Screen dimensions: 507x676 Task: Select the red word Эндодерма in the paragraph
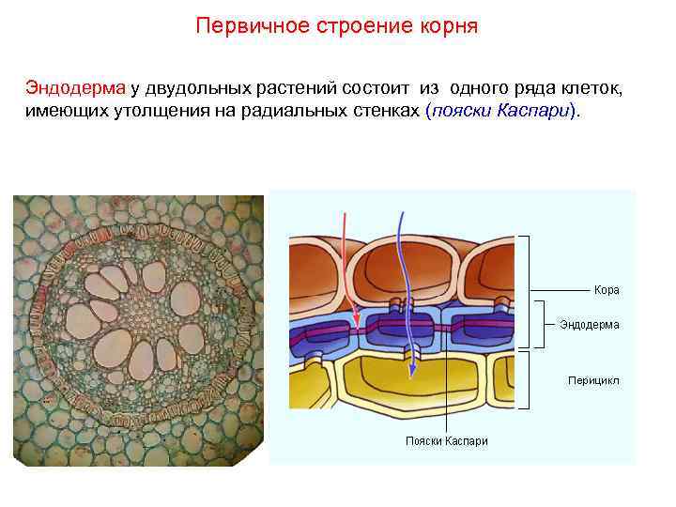[x=75, y=88]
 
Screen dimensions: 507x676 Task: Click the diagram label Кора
[x=607, y=290]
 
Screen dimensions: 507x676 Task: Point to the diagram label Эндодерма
[x=589, y=325]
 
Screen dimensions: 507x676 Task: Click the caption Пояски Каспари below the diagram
[x=446, y=441]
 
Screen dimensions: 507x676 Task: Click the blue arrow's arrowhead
[x=411, y=376]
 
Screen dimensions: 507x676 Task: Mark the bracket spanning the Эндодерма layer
[x=542, y=325]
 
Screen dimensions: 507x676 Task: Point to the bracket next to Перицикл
[x=530, y=380]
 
